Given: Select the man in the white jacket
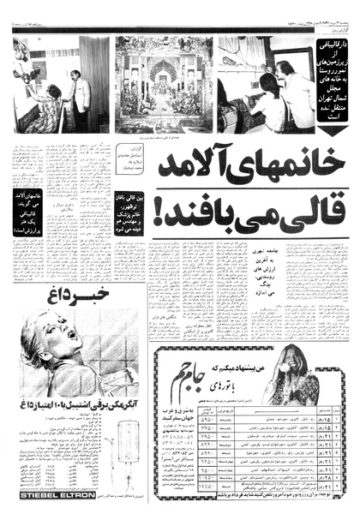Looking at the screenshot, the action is [x=81, y=91].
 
